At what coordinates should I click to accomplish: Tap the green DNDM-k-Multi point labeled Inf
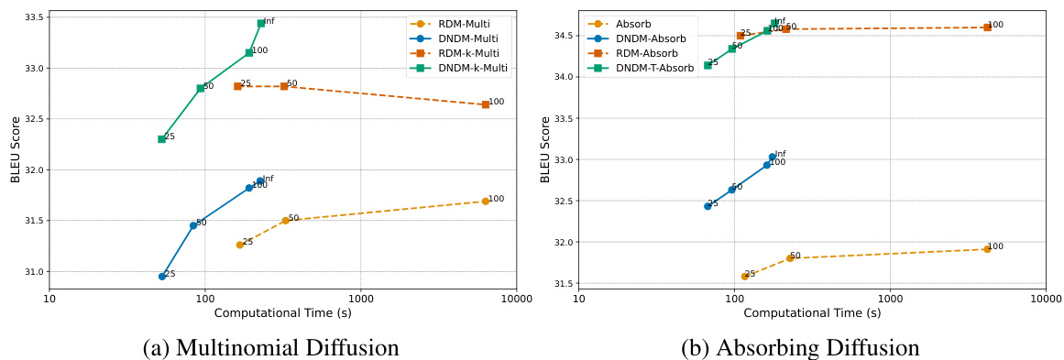[261, 23]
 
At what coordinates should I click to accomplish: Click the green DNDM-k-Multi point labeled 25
[161, 139]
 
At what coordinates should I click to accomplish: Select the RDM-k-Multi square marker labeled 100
[485, 104]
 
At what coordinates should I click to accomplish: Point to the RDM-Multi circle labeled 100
[485, 201]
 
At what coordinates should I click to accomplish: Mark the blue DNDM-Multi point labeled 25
[162, 276]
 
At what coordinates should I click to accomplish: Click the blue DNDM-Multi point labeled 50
[193, 225]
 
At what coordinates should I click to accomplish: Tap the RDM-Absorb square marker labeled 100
[987, 27]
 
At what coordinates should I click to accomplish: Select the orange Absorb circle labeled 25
[744, 276]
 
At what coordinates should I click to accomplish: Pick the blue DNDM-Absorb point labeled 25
[708, 206]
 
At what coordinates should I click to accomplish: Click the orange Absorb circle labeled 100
[987, 249]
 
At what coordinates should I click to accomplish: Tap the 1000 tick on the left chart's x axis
[360, 299]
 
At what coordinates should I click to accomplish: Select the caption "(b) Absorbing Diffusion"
[800, 347]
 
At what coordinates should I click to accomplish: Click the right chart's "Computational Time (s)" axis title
[812, 313]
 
